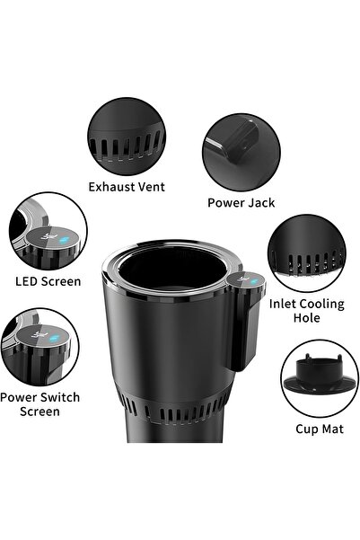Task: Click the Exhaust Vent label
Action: tap(126, 187)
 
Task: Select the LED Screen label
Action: tap(48, 281)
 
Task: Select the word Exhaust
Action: tap(108, 187)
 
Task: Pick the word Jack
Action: tap(262, 202)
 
